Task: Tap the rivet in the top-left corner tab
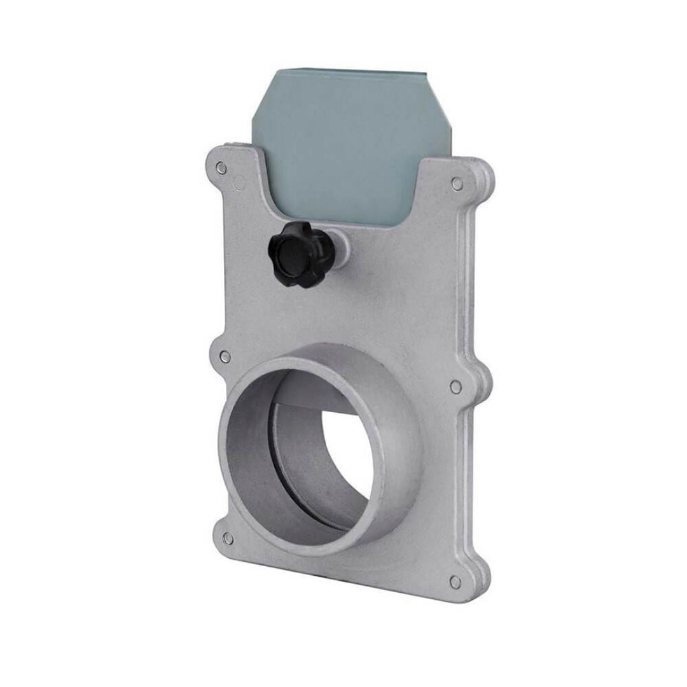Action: click(x=221, y=168)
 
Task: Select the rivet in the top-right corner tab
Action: click(x=457, y=184)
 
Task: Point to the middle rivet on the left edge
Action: click(x=225, y=357)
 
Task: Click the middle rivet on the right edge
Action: click(x=455, y=386)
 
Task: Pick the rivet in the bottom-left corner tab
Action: click(x=228, y=539)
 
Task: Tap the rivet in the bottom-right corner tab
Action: click(x=455, y=581)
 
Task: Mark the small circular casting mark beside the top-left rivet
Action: click(x=239, y=184)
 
